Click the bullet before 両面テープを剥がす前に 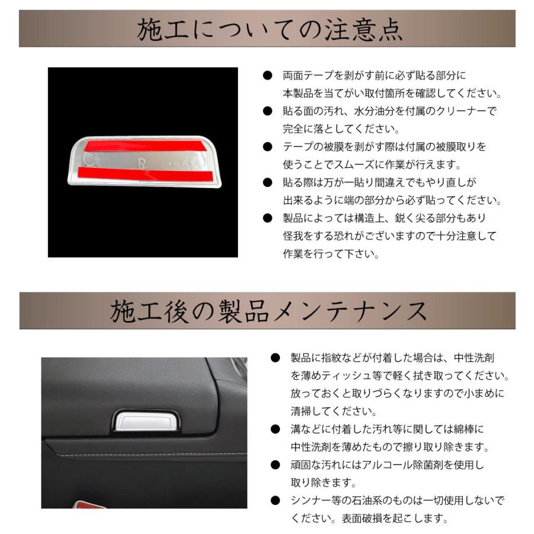[268, 76]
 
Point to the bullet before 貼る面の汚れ [268, 111]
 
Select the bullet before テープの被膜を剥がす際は [268, 147]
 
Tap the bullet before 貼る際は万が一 [268, 182]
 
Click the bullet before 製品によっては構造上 [268, 218]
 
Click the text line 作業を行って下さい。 [330, 253]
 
